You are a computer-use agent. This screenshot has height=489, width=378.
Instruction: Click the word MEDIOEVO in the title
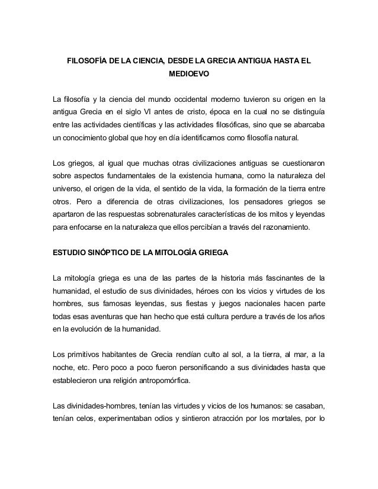(x=188, y=76)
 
